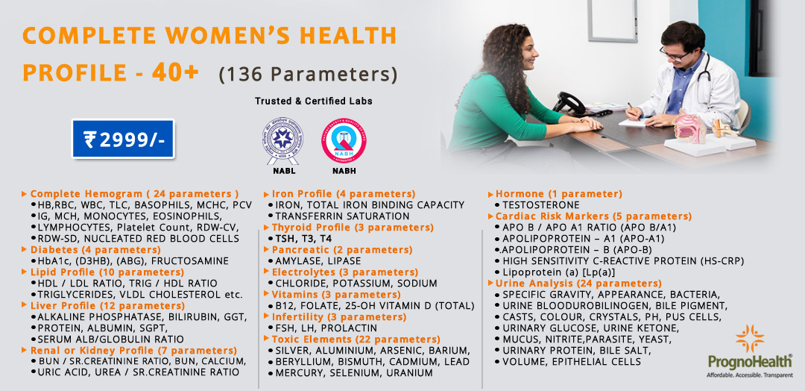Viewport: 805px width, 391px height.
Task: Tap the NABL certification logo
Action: [282, 140]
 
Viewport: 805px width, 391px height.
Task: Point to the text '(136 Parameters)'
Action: [307, 75]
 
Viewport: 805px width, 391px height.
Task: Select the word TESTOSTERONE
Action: [540, 204]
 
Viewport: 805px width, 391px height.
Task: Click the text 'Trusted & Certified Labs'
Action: [313, 101]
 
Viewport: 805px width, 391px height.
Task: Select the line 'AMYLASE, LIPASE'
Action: [318, 261]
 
